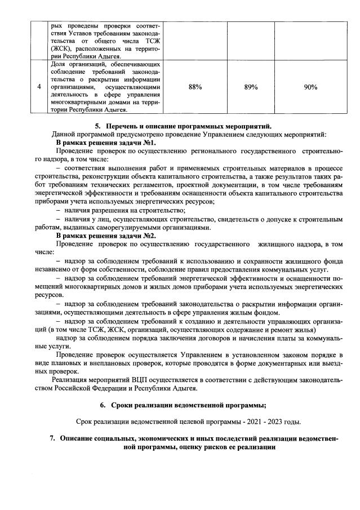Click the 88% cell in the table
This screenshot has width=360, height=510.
click(195, 87)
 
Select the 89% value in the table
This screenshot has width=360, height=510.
click(251, 87)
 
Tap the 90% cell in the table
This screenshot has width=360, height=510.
click(310, 87)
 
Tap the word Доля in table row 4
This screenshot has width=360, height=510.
click(57, 65)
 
